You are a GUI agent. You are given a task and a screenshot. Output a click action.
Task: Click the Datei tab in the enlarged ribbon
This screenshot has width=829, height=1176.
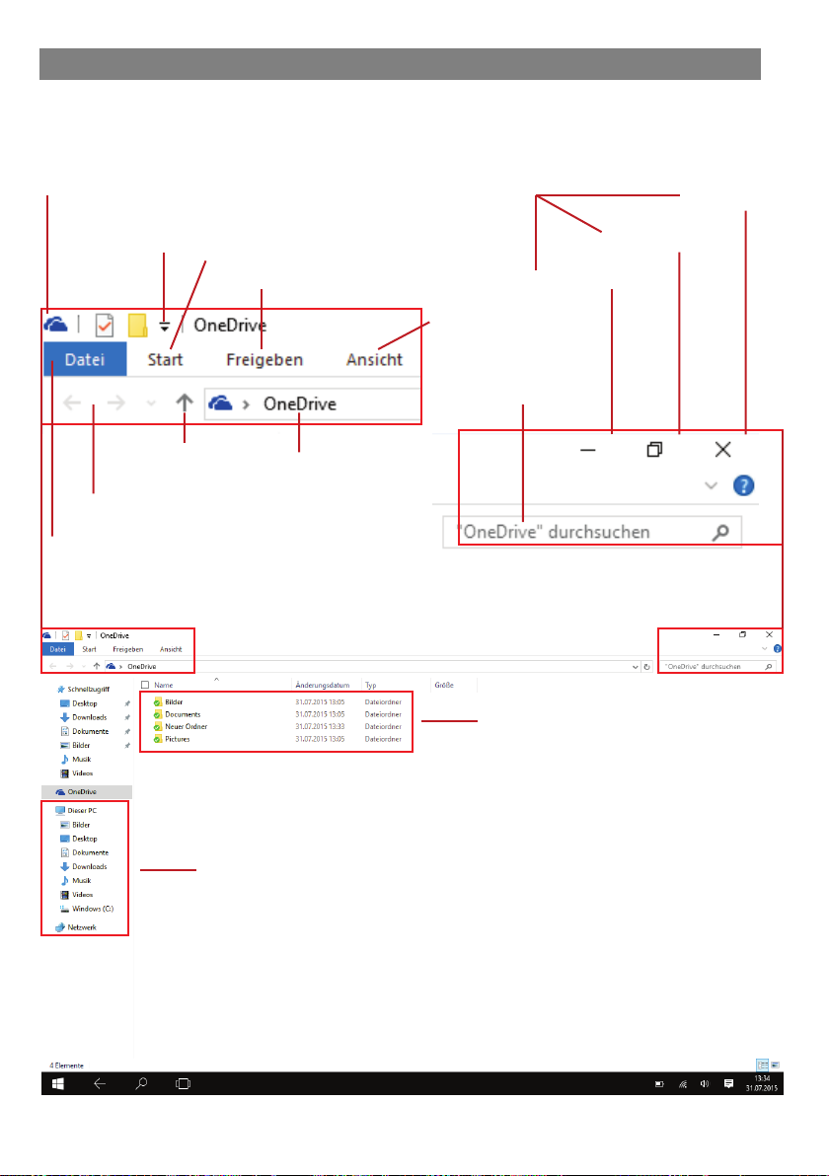coord(85,360)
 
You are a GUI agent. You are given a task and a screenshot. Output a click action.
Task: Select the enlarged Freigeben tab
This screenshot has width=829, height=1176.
coord(264,360)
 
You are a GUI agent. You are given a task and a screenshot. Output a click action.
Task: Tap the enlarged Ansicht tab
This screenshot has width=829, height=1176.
coord(374,360)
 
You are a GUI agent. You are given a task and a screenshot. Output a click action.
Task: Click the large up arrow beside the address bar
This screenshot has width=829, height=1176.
coord(185,403)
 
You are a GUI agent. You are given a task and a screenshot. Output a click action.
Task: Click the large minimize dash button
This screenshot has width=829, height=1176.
coord(589,450)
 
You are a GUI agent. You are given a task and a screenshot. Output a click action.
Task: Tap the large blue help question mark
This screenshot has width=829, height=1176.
coord(744,485)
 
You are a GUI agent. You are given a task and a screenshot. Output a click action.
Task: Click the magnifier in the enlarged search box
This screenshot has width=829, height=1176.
coord(721,532)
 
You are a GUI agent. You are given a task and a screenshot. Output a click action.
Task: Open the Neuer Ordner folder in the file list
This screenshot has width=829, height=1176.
coord(186,726)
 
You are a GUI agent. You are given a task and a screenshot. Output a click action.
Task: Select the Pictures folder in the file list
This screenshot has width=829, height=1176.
coord(178,739)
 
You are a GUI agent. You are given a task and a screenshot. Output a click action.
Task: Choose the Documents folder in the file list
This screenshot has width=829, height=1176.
coord(183,713)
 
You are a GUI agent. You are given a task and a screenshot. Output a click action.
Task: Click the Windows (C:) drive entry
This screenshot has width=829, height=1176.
coord(93,908)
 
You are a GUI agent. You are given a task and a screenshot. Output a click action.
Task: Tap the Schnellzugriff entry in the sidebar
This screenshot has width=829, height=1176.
coord(88,690)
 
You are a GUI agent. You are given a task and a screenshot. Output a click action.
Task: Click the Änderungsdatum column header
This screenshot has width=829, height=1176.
coord(322,684)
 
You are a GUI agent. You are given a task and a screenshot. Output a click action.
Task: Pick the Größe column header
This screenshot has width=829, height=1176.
coord(444,684)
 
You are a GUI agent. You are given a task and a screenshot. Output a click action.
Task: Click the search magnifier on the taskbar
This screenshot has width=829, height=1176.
coord(141,1083)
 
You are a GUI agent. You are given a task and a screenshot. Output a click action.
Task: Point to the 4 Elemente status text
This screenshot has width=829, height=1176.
coord(67,1066)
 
